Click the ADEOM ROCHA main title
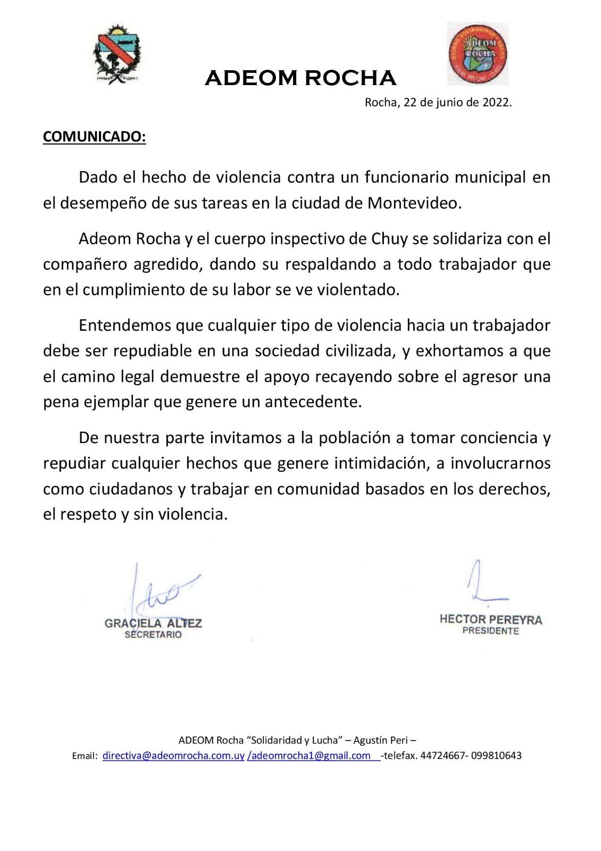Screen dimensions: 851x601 (x=300, y=78)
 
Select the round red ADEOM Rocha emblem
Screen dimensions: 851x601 (x=477, y=54)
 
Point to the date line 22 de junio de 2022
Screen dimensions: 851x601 (x=438, y=103)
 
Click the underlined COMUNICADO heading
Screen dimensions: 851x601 (x=94, y=137)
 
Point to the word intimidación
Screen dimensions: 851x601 (x=381, y=463)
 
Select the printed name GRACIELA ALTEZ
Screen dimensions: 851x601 (x=153, y=623)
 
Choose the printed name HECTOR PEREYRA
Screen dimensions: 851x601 (x=490, y=620)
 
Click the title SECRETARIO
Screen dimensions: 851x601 (x=153, y=635)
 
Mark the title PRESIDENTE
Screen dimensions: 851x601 (x=490, y=631)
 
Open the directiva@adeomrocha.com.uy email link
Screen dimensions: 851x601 (x=173, y=755)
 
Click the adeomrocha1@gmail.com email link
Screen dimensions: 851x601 (x=310, y=755)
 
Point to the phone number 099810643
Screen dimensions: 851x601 (x=497, y=755)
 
